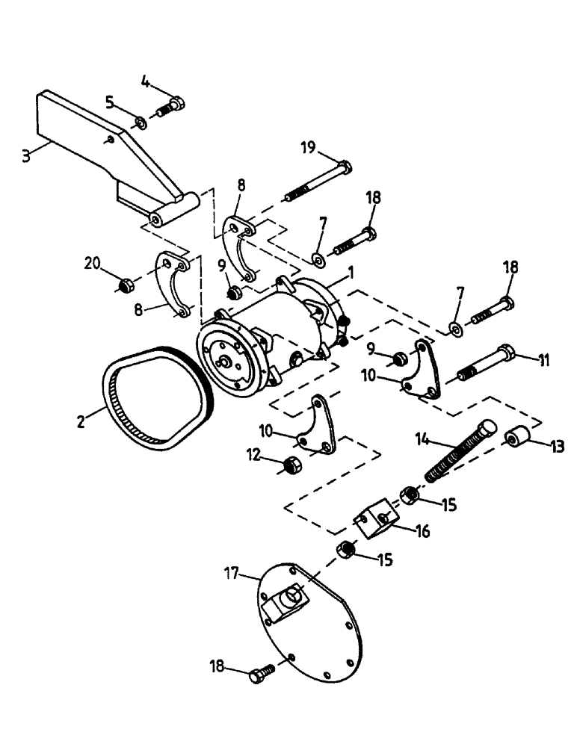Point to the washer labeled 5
(x=141, y=121)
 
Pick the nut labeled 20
(x=126, y=284)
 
